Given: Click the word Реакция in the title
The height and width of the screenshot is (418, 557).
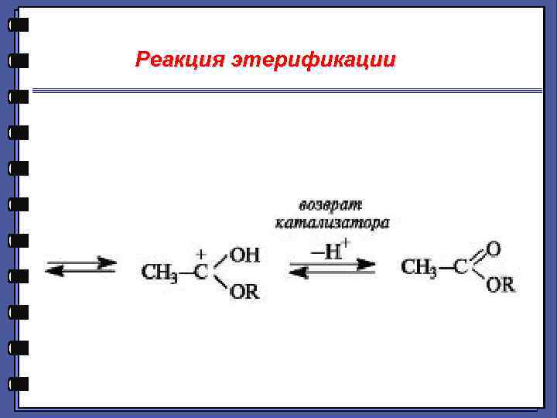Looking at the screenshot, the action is (x=179, y=60).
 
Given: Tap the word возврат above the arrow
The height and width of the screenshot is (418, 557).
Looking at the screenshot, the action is (x=331, y=205).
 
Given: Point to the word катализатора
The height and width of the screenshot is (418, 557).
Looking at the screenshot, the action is (x=333, y=224).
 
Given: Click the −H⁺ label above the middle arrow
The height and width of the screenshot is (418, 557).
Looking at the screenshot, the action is (x=330, y=250).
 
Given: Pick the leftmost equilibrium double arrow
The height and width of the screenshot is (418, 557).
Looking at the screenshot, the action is (x=81, y=267).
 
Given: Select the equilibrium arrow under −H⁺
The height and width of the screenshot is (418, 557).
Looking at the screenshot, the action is (x=332, y=268).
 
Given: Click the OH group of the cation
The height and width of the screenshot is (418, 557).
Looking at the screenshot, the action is (x=245, y=255).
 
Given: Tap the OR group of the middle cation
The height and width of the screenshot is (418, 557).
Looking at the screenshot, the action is (x=244, y=292).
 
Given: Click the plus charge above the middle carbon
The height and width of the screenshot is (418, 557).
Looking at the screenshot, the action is (x=201, y=253).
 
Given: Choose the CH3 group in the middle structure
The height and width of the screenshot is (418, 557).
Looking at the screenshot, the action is (x=159, y=272).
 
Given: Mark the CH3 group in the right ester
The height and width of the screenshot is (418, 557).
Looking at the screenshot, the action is (x=419, y=268).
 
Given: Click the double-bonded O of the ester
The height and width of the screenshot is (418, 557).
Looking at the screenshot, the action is (x=493, y=249).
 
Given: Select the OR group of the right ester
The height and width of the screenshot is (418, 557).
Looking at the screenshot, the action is (x=500, y=285).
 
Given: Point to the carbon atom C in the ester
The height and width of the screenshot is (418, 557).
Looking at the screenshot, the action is (x=460, y=268).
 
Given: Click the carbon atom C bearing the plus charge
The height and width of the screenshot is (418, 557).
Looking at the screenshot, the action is (x=201, y=272).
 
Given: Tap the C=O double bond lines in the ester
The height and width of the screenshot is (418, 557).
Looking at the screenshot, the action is (x=476, y=256).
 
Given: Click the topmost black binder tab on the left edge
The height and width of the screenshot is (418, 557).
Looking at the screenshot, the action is (x=19, y=25).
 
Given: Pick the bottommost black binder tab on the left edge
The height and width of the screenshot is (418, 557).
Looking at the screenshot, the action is (x=19, y=383).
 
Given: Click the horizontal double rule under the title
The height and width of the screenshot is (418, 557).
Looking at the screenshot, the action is (x=286, y=91).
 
